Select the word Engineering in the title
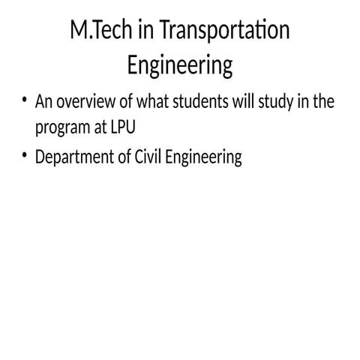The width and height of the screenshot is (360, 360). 180,65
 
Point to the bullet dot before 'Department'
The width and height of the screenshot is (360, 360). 25,154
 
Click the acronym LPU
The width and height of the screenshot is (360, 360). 120,127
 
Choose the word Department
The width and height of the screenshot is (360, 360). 74,157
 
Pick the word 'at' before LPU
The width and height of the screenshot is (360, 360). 97,128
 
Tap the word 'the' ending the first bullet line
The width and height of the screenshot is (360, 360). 323,102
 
